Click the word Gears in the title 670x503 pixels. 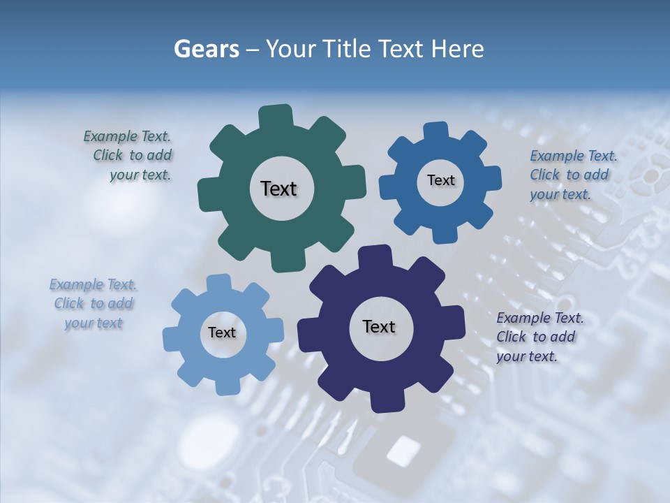click(x=206, y=49)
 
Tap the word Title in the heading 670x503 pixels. click(x=343, y=49)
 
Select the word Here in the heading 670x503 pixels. click(x=458, y=49)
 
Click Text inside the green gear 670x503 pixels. click(x=279, y=189)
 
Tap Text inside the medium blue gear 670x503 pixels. click(x=440, y=180)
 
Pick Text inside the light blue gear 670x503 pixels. click(x=222, y=333)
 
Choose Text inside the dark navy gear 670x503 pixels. click(x=379, y=327)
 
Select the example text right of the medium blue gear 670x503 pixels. click(x=573, y=175)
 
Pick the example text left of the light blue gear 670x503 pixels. click(x=94, y=304)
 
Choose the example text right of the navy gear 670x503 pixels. click(x=539, y=337)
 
